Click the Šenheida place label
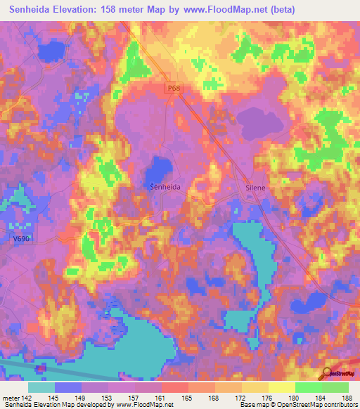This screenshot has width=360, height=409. (x=165, y=188)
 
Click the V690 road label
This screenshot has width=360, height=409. (x=22, y=240)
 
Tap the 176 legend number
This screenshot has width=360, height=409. (x=266, y=398)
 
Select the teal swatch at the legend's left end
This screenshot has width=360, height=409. (x=41, y=387)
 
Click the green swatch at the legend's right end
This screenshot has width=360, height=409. (x=335, y=387)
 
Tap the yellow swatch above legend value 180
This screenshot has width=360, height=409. (x=282, y=387)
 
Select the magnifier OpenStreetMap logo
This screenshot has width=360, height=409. (x=328, y=373)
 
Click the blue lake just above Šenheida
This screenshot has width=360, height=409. (x=161, y=169)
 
